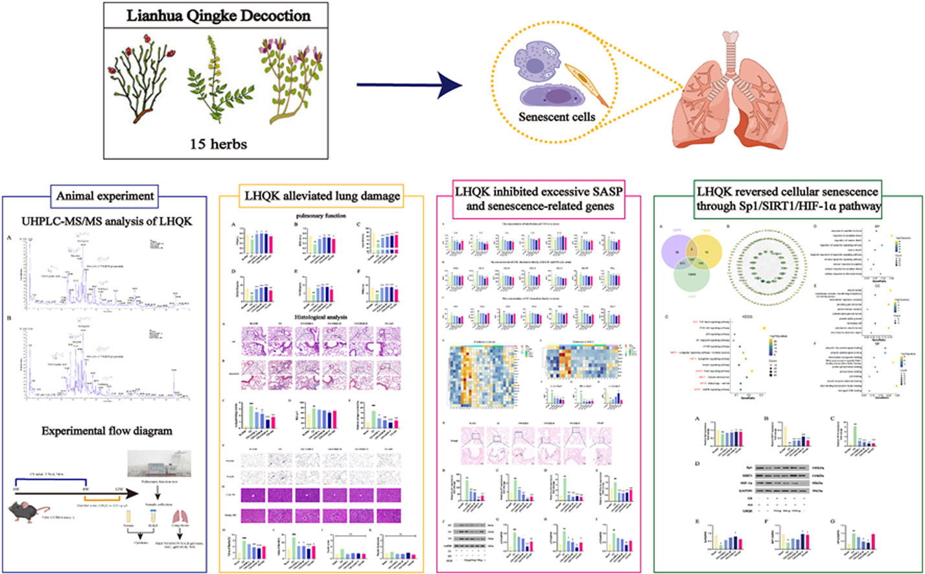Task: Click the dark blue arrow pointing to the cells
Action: pyautogui.click(x=410, y=82)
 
